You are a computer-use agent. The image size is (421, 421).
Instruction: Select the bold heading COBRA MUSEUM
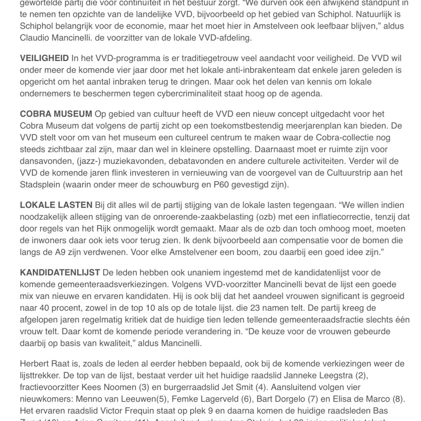56,114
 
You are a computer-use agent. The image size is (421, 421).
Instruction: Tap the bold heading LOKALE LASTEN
56,205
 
